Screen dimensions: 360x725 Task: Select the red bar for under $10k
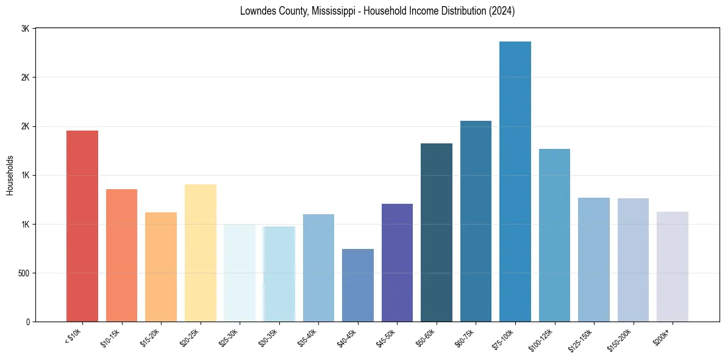click(82, 226)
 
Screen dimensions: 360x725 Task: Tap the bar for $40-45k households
click(358, 285)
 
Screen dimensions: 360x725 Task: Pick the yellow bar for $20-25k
click(201, 253)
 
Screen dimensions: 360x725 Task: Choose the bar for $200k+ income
click(673, 267)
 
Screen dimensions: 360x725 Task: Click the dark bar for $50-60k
click(437, 232)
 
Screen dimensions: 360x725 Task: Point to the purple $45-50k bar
click(397, 262)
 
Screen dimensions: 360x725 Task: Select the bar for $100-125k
click(554, 235)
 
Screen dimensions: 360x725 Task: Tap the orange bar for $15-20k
click(161, 267)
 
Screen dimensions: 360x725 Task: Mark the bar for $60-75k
click(476, 221)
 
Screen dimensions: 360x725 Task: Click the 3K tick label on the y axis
click(25, 29)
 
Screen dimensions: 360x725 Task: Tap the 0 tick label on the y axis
click(27, 322)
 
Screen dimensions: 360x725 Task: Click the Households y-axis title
click(10, 175)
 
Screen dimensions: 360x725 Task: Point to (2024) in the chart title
click(501, 11)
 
